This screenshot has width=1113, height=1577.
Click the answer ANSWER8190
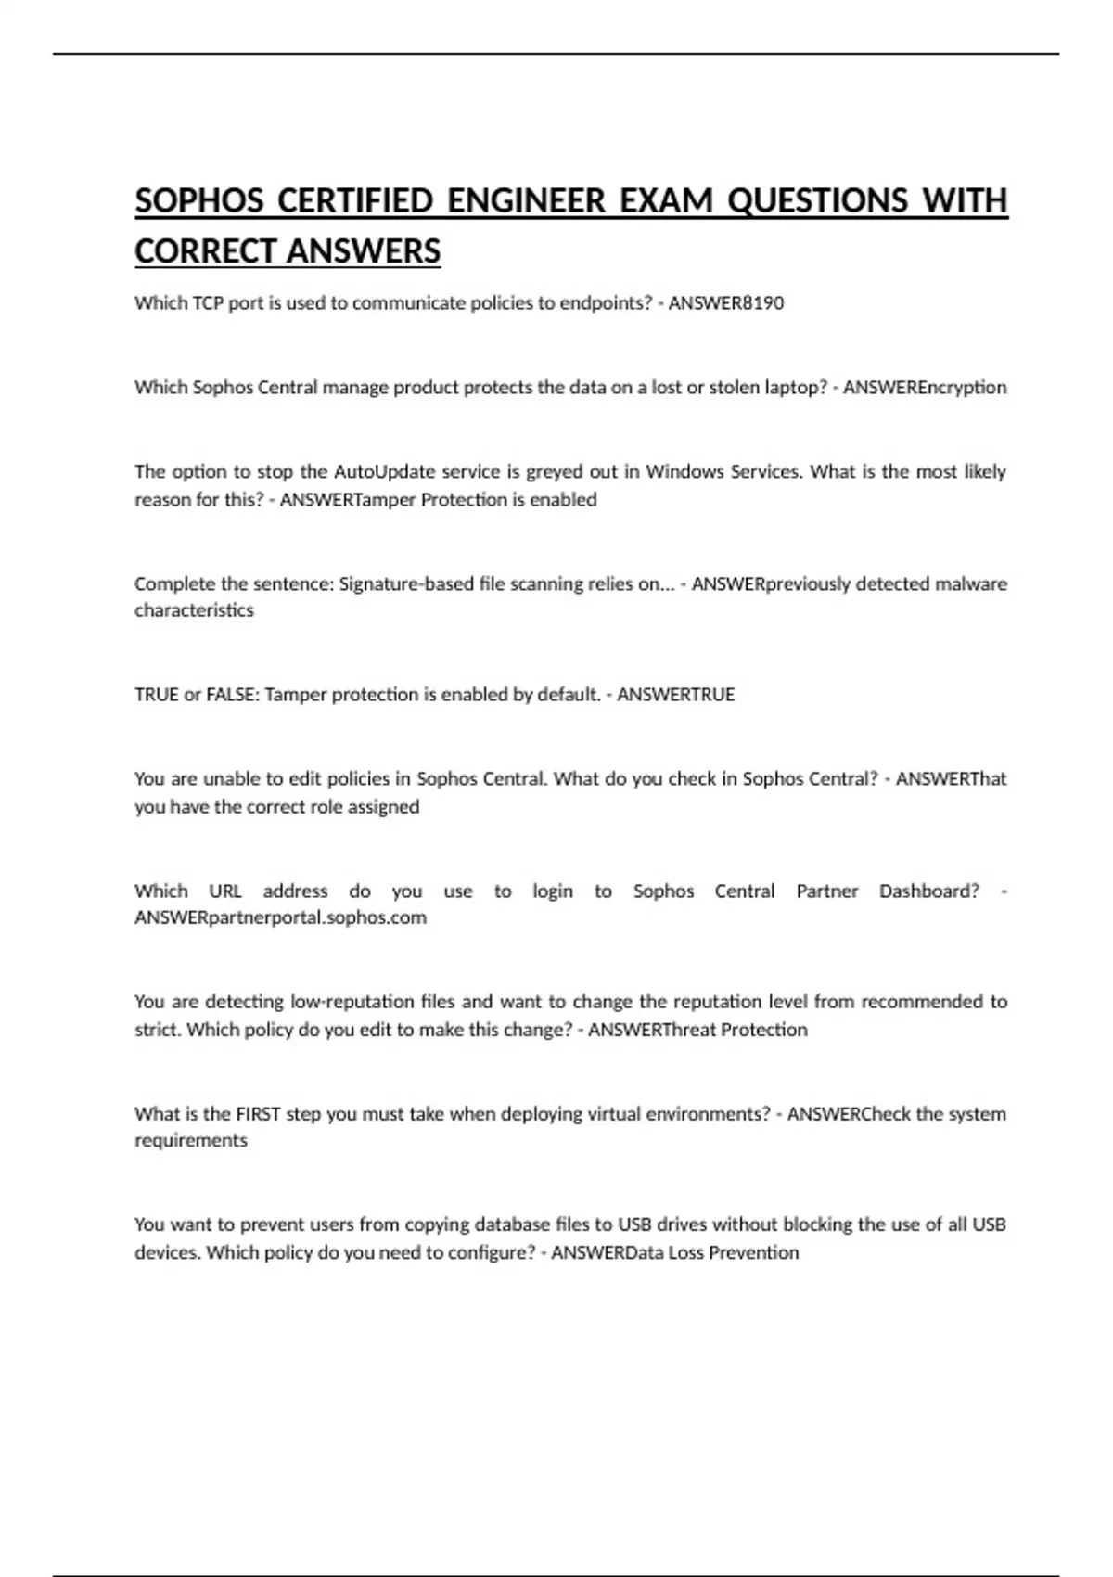click(x=725, y=303)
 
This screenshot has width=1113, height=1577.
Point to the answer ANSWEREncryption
click(x=924, y=388)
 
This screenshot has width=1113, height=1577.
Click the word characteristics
click(x=194, y=610)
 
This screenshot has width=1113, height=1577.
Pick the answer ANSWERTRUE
click(x=675, y=695)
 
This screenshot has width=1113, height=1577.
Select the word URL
click(x=225, y=891)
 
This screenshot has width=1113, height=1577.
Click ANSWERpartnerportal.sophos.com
click(x=280, y=917)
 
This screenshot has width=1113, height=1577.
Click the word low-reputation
click(x=352, y=1002)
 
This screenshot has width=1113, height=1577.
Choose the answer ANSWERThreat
click(x=652, y=1030)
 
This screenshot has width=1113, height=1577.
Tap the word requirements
click(x=191, y=1140)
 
